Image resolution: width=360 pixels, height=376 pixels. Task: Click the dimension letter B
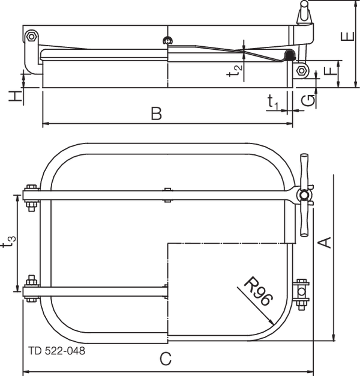[157, 114]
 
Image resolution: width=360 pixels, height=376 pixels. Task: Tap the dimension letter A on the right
[324, 242]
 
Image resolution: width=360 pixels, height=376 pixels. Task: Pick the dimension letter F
[328, 73]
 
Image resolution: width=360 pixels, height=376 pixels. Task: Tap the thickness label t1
[273, 103]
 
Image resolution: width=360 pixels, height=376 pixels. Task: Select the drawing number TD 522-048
[56, 350]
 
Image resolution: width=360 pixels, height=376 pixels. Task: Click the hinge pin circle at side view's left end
[30, 38]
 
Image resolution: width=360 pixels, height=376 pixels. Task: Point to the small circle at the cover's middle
[167, 41]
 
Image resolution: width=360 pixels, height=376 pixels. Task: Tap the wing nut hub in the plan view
[304, 195]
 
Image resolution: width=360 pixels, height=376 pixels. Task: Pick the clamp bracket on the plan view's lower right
[301, 293]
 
